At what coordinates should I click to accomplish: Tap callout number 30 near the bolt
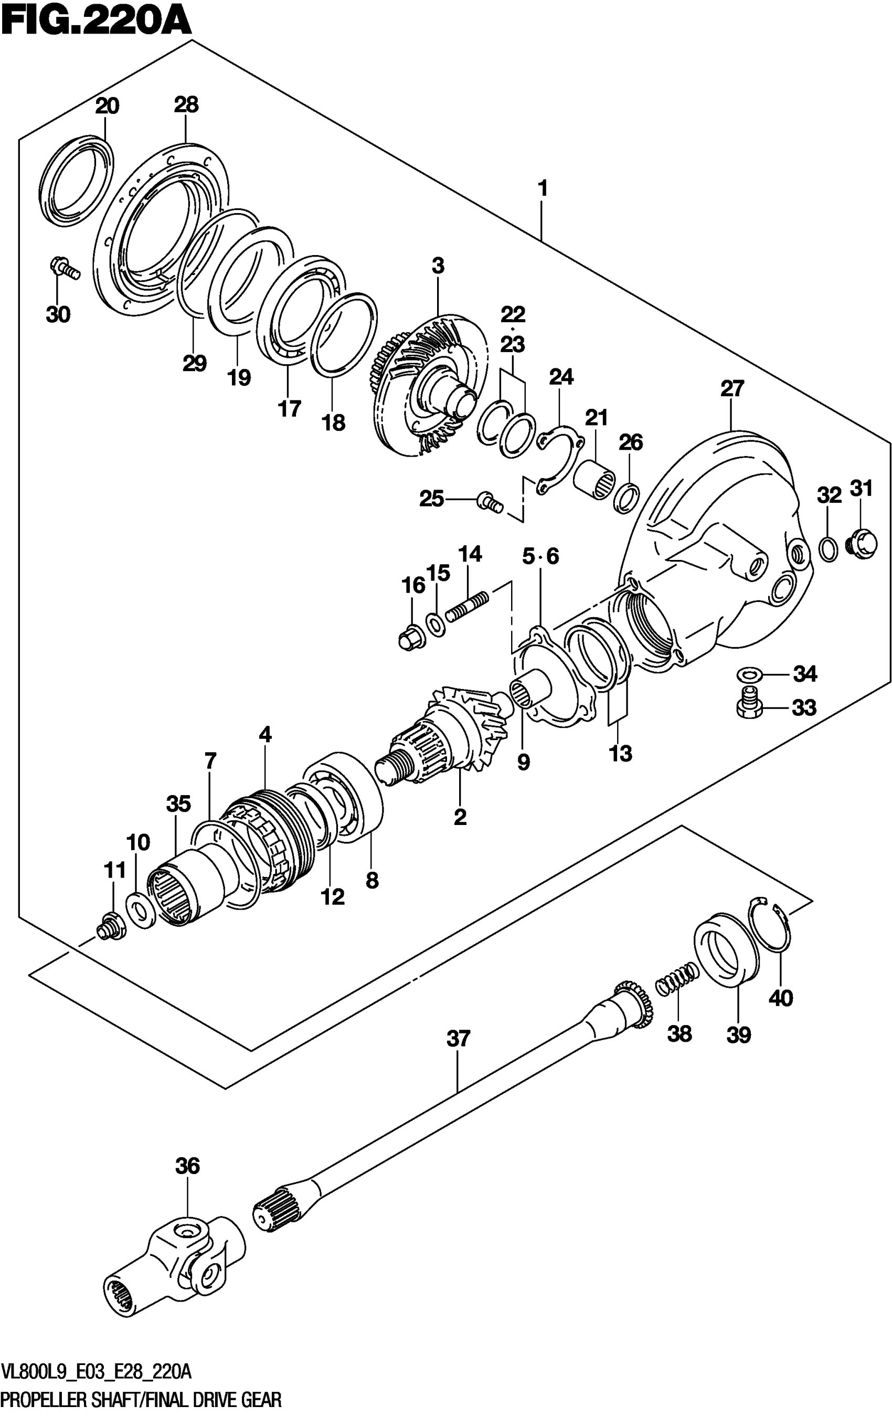pyautogui.click(x=58, y=314)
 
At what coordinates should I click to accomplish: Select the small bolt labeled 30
pyautogui.click(x=63, y=268)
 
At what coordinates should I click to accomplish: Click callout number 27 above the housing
pyautogui.click(x=732, y=388)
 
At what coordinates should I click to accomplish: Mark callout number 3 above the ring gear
pyautogui.click(x=438, y=266)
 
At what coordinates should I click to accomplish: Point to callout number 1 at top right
pyautogui.click(x=543, y=189)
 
